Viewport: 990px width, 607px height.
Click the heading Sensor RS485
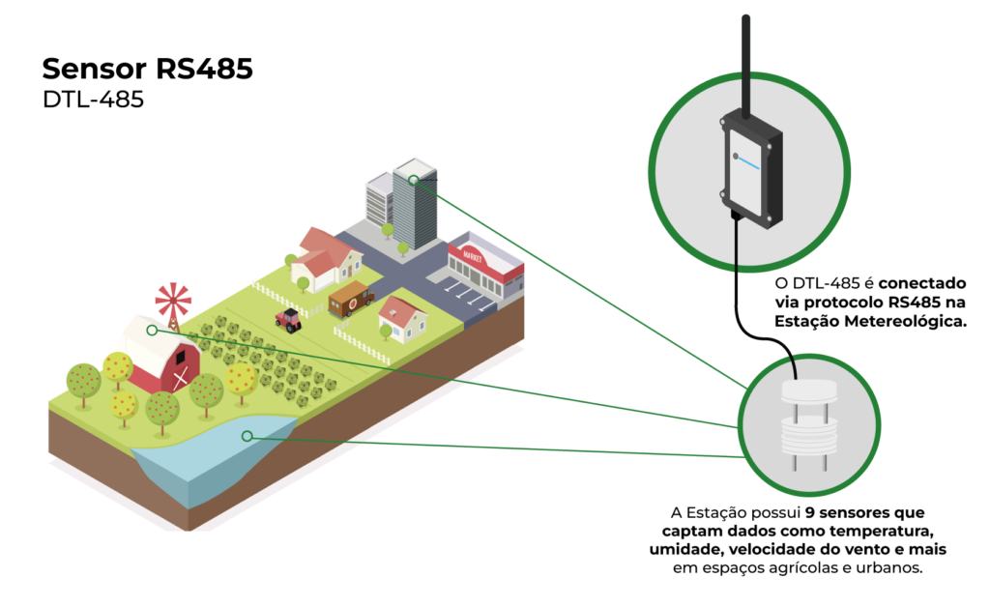(148, 71)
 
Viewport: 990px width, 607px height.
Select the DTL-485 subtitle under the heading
(93, 101)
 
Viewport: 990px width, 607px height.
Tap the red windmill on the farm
(173, 301)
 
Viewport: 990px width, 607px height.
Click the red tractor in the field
(288, 318)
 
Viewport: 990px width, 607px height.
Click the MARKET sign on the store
(473, 256)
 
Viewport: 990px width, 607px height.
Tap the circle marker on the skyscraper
(413, 179)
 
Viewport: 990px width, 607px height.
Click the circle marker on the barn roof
(152, 331)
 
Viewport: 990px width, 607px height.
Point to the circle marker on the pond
(247, 436)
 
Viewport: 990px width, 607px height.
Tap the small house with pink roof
(401, 319)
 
